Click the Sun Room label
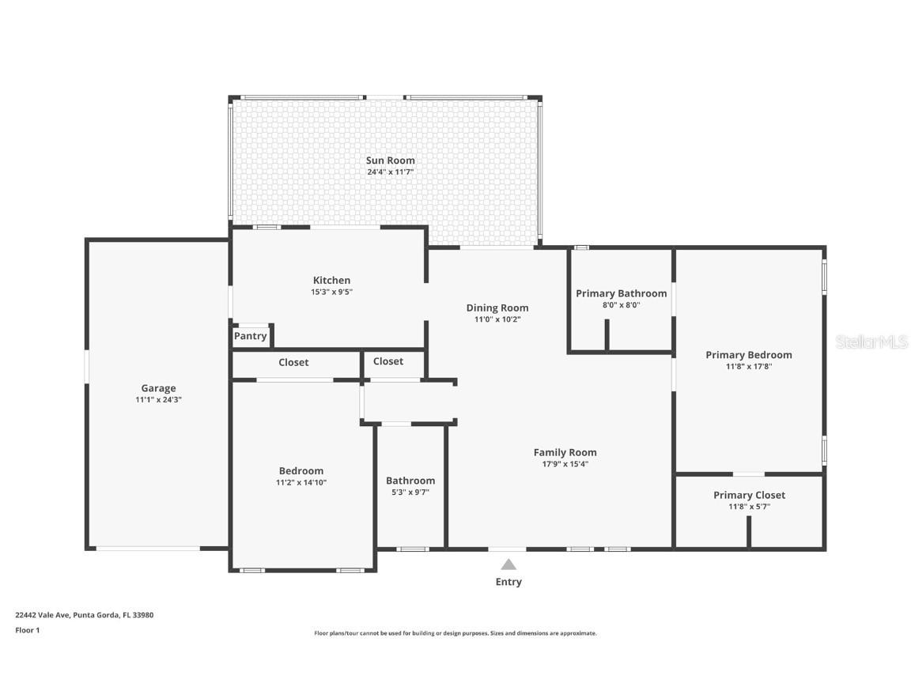tap(390, 160)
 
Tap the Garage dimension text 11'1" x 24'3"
tap(158, 400)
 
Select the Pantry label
tap(250, 336)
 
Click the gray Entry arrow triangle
tap(508, 564)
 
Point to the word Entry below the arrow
tap(508, 582)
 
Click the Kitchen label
tap(331, 280)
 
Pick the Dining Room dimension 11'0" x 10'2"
tap(497, 319)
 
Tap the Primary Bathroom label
tap(621, 293)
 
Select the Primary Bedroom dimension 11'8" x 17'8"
tap(748, 366)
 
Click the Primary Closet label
tap(749, 495)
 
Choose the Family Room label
tap(565, 452)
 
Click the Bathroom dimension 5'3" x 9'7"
tap(410, 492)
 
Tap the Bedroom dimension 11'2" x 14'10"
tap(301, 482)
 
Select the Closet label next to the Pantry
tap(293, 362)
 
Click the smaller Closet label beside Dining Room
tap(387, 361)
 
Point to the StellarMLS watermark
tap(871, 341)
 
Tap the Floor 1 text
tap(27, 630)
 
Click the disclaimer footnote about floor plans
tap(455, 633)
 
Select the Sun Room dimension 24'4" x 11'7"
tap(390, 172)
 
